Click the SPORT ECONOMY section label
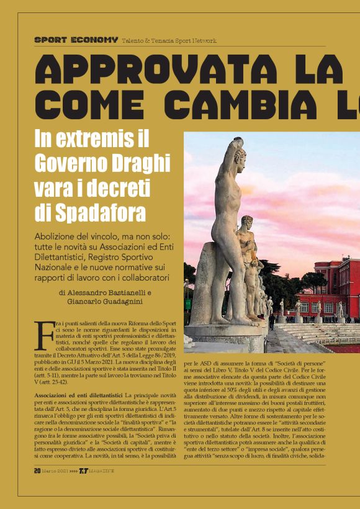tap(76, 40)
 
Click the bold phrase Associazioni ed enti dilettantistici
tap(78, 395)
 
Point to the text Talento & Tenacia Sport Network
tap(169, 40)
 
